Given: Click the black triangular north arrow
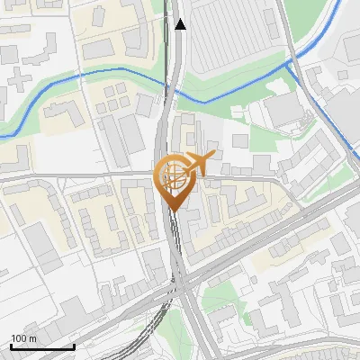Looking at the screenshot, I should pyautogui.click(x=181, y=24).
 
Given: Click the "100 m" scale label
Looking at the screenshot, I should pyautogui.click(x=24, y=338).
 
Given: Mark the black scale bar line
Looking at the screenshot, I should pyautogui.click(x=42, y=346).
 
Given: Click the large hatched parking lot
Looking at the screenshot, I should pyautogui.click(x=233, y=40).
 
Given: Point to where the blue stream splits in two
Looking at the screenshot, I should pyautogui.click(x=290, y=63).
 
